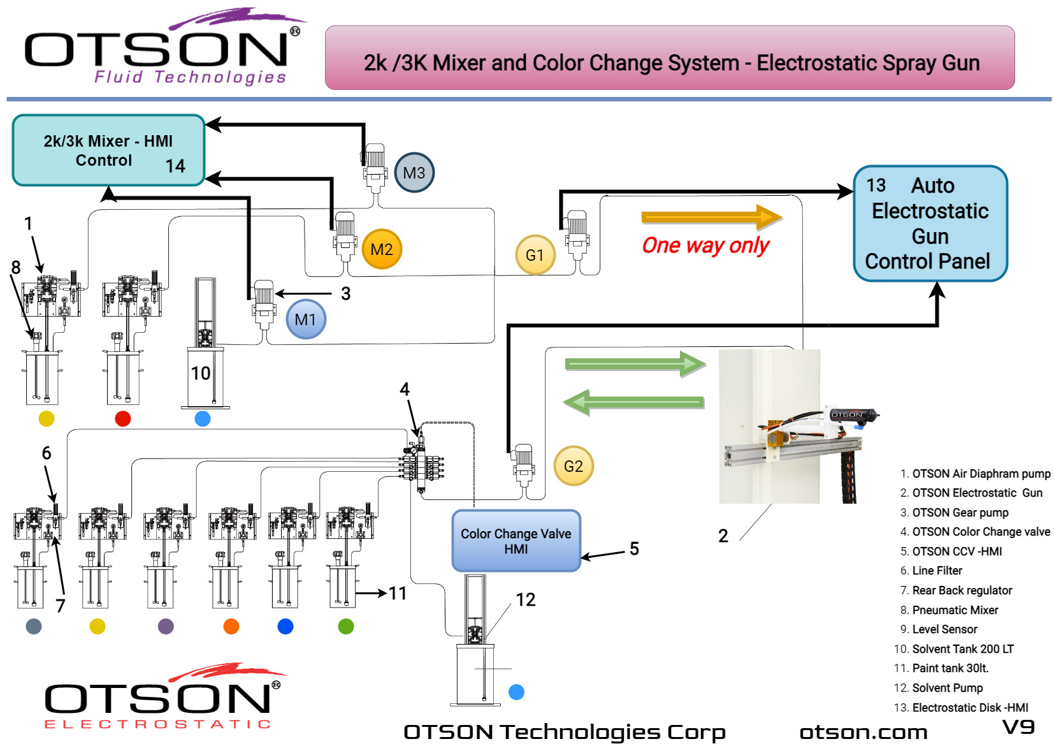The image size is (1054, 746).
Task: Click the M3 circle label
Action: pos(414,173)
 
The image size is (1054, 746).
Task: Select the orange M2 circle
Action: pos(381,249)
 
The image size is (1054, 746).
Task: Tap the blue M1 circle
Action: pos(306,319)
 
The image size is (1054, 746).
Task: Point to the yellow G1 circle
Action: pos(535,255)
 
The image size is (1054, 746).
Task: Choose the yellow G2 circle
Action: pos(573,466)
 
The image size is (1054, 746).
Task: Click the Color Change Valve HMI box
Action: pos(516,541)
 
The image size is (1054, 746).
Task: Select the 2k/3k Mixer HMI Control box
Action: pos(108,150)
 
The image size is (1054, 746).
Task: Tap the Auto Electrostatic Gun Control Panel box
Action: pos(930,223)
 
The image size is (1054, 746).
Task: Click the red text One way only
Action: pos(705,245)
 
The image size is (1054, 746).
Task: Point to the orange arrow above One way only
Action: pos(711,217)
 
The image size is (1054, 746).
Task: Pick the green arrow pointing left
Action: pos(633,402)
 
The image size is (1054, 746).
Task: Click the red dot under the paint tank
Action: pos(123,419)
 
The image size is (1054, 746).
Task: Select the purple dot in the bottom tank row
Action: pos(166,626)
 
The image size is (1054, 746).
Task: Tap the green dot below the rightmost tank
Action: pos(345,626)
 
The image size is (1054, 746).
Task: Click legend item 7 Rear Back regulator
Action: pos(962,590)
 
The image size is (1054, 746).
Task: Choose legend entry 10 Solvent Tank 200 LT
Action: pos(962,649)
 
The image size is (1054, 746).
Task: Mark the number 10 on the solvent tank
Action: pos(201,373)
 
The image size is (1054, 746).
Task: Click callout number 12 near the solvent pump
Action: pos(526,599)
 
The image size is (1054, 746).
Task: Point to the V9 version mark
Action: pos(1018,727)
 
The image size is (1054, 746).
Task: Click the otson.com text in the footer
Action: pos(863,732)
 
